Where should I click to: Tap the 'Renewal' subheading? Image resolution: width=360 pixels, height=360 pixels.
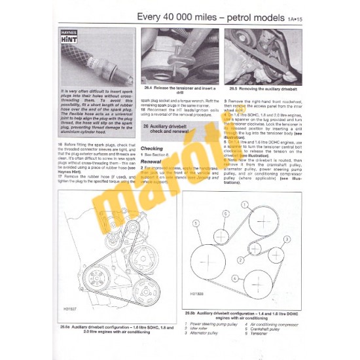point(152,159)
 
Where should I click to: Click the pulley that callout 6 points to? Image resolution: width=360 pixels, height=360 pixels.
point(221,235)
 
